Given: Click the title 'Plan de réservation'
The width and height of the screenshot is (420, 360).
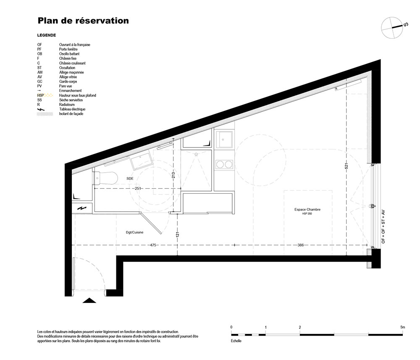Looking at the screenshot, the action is coord(83,21).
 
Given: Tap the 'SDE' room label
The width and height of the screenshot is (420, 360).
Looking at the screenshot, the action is coord(130,179).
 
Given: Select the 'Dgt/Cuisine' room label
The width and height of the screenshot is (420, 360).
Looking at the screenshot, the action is coord(134,232).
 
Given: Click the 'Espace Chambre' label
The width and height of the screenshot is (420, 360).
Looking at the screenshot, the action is coord(307,210).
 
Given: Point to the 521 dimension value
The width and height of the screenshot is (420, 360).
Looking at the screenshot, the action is coord(346,166).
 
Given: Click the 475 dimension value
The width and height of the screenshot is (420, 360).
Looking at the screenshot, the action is coord(153,245).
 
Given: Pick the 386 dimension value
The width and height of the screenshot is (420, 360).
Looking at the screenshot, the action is coord(301,245).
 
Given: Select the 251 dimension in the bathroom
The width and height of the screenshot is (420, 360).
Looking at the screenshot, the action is coord(138,189).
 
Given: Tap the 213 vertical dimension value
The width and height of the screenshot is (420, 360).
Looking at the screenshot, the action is coord(173,175).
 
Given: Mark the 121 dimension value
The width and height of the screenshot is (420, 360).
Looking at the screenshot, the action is coord(177,235).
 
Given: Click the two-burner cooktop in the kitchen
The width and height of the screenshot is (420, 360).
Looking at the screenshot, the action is coord(224,164).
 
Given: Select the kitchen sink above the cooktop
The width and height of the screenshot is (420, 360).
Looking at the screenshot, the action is coord(224,139).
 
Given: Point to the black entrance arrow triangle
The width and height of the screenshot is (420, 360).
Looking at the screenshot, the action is coord(89,300).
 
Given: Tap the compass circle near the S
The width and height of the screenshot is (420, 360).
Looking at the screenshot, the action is coord(392,27).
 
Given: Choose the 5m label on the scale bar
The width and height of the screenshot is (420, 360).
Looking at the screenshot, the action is coord(403,327).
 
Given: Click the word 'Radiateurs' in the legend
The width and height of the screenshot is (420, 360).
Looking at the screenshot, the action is coord(67,105).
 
